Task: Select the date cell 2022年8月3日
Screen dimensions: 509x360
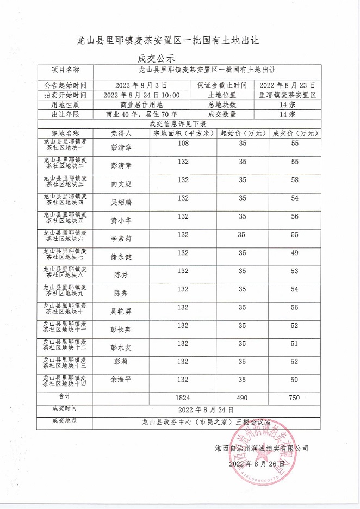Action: click(141, 85)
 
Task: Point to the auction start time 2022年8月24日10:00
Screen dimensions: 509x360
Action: click(141, 95)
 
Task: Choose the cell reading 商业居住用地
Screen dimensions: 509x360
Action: click(141, 104)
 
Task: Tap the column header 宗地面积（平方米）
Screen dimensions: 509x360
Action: click(183, 133)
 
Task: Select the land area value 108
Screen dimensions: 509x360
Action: click(183, 143)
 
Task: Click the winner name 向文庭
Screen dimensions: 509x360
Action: click(121, 184)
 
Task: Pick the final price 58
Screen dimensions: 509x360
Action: click(295, 179)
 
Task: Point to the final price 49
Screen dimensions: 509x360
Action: click(295, 253)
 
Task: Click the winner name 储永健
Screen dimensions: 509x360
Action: click(121, 257)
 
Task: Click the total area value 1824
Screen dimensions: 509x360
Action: click(183, 398)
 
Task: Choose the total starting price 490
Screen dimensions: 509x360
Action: click(242, 398)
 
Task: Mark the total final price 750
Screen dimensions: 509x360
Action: click(294, 398)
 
